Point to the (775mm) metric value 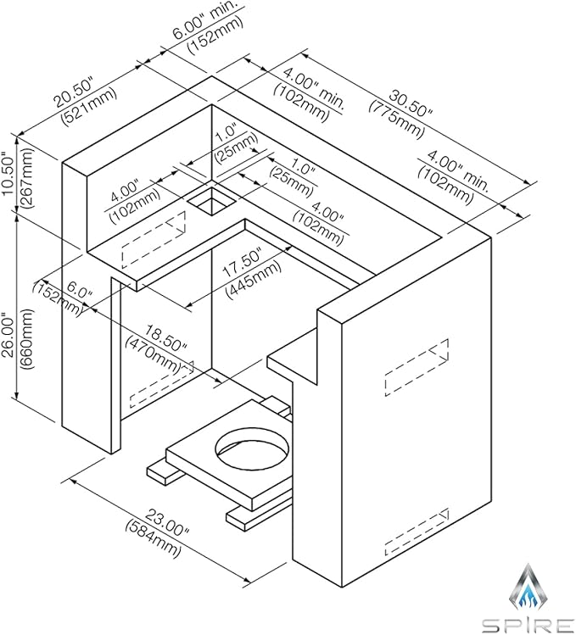click(x=396, y=118)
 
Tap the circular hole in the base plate click(x=253, y=448)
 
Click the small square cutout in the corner click(x=212, y=199)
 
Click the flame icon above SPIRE click(x=528, y=587)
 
